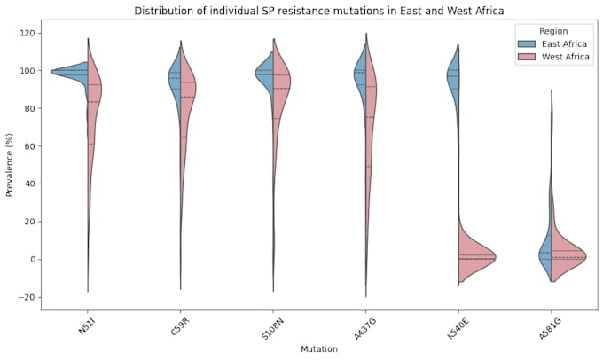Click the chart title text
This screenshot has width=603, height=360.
click(319, 11)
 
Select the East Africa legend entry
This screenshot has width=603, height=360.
click(552, 43)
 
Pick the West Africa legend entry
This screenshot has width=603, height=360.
click(553, 57)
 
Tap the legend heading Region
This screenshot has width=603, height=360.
click(553, 31)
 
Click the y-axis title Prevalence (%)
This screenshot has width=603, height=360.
click(9, 165)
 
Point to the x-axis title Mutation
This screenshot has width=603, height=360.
click(319, 349)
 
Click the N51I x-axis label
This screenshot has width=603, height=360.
click(86, 325)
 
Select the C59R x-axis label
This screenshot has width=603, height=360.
click(179, 326)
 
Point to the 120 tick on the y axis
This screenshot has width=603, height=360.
click(27, 33)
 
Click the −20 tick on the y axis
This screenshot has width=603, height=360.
click(27, 297)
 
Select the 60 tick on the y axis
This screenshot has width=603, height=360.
click(29, 146)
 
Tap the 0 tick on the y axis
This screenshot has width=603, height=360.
click(32, 260)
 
